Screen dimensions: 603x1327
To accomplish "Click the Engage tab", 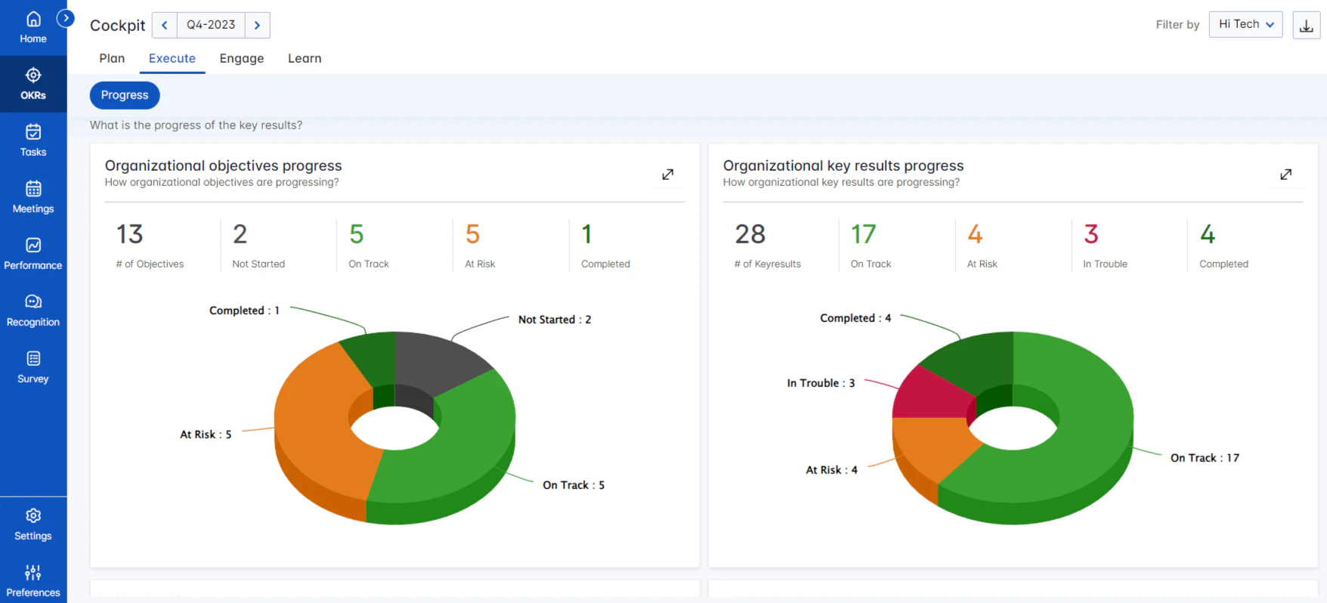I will (x=242, y=58).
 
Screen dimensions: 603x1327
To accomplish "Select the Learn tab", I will (x=305, y=58).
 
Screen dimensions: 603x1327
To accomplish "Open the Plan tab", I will (x=112, y=58).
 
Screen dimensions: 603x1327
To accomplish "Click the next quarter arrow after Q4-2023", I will (x=257, y=25).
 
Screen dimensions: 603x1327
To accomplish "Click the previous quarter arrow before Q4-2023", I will (x=165, y=25).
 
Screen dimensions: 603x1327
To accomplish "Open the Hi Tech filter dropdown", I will (x=1245, y=24).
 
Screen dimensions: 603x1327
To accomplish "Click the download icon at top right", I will (x=1306, y=26).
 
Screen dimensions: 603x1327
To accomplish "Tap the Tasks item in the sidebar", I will (x=33, y=141).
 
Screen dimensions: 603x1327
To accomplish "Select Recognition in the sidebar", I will (x=33, y=311).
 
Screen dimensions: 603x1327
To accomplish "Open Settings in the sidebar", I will (x=33, y=524).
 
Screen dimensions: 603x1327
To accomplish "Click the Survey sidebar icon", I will (x=33, y=367).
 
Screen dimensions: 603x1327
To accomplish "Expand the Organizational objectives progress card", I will (x=667, y=175).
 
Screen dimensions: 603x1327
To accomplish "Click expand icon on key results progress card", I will (x=1285, y=175).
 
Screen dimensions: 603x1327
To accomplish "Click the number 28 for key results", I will (x=750, y=234).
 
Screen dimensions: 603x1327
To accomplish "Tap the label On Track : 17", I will (x=1205, y=458).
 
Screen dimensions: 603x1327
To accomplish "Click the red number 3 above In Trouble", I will (x=1090, y=234).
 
